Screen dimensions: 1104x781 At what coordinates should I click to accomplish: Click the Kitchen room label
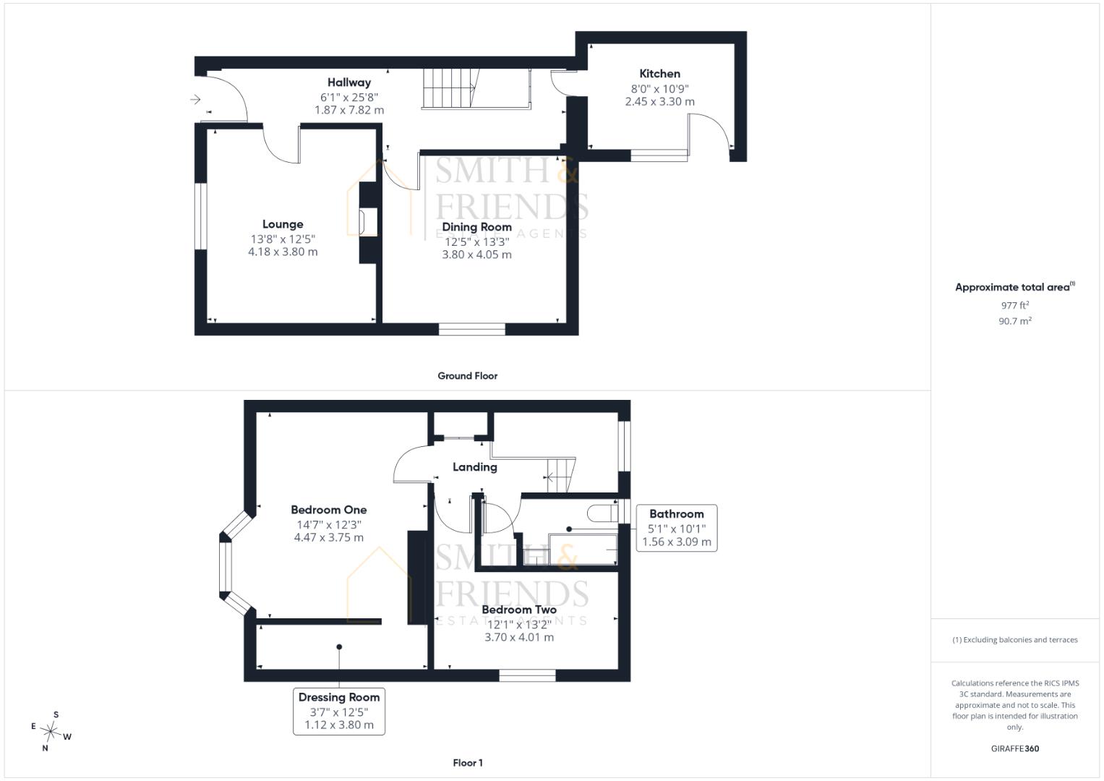pyautogui.click(x=659, y=74)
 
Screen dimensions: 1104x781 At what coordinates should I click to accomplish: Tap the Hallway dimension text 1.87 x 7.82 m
pyautogui.click(x=349, y=110)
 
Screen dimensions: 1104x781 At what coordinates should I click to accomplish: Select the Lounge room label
pyautogui.click(x=283, y=224)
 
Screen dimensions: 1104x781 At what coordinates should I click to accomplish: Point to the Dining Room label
pyautogui.click(x=476, y=227)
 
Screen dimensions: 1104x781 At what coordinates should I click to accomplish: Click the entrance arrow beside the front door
pyautogui.click(x=195, y=100)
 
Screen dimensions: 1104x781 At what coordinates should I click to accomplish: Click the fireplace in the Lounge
pyautogui.click(x=368, y=223)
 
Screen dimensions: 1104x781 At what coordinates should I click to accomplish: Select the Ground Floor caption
pyautogui.click(x=467, y=376)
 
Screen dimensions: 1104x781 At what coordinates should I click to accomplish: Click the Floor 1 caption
pyautogui.click(x=468, y=763)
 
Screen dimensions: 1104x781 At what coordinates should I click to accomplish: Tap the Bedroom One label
pyautogui.click(x=329, y=510)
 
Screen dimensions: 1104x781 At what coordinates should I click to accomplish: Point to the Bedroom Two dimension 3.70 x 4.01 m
pyautogui.click(x=519, y=638)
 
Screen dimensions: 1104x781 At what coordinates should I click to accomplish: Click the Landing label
pyautogui.click(x=474, y=467)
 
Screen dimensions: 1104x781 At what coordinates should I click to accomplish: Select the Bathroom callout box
pyautogui.click(x=677, y=528)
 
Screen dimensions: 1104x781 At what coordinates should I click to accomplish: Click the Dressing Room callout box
pyautogui.click(x=339, y=712)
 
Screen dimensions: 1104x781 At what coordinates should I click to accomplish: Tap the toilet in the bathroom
pyautogui.click(x=603, y=513)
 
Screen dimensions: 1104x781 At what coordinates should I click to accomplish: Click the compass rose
pyautogui.click(x=51, y=731)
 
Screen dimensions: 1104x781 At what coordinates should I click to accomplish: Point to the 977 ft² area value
pyautogui.click(x=1015, y=306)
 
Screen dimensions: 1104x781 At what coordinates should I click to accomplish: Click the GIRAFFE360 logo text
pyautogui.click(x=1015, y=748)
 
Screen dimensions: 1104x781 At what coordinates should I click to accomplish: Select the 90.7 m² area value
pyautogui.click(x=1015, y=321)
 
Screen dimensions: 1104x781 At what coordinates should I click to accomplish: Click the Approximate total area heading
pyautogui.click(x=1015, y=287)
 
